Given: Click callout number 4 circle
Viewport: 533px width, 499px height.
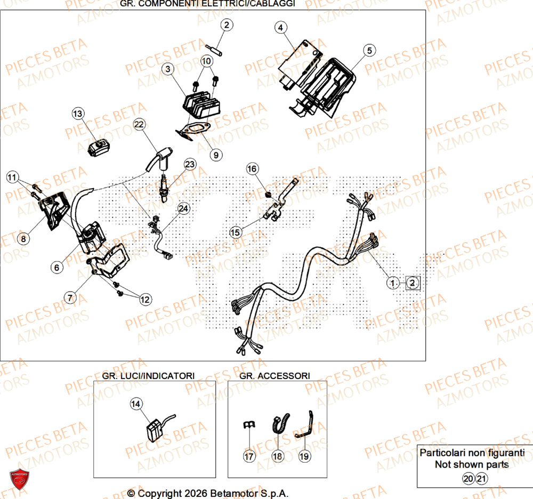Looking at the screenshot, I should click(x=281, y=27).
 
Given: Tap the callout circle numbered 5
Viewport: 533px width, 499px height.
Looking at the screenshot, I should click(x=369, y=51).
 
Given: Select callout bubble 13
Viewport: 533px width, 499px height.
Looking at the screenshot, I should click(x=78, y=114).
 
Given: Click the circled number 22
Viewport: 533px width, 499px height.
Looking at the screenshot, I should click(x=139, y=125).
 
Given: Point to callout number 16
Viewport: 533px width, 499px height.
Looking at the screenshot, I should click(x=252, y=169).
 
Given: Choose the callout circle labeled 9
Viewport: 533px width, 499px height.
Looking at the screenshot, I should click(x=216, y=155).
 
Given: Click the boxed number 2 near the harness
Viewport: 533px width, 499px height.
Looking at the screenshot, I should click(x=413, y=283).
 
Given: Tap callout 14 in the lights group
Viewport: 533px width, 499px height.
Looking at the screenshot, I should click(x=136, y=405).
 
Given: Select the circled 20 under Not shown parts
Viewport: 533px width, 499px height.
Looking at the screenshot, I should click(x=467, y=479).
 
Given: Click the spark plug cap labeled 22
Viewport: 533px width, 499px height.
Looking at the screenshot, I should click(x=158, y=159).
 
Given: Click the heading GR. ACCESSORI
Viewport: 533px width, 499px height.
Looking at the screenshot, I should click(x=274, y=376).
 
